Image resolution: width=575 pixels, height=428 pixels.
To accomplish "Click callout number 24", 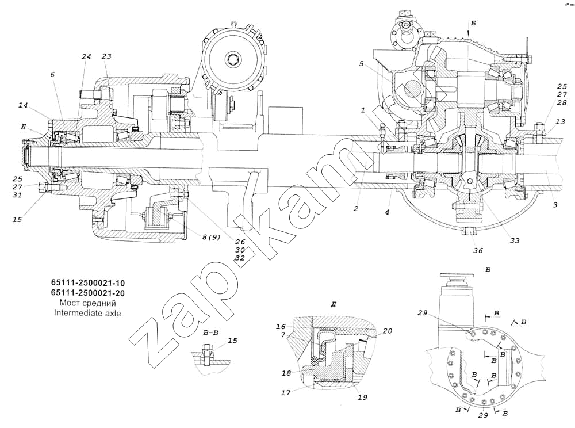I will click(86, 56).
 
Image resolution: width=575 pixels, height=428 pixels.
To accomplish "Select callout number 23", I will click(106, 56).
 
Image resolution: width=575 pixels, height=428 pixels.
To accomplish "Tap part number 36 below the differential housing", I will click(478, 250).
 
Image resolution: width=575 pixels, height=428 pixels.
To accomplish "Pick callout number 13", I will click(561, 121).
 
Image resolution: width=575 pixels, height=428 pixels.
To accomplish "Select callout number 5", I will click(361, 64).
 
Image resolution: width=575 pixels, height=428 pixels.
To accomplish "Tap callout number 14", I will click(23, 105).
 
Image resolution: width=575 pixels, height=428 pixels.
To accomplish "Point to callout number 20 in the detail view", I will click(388, 331).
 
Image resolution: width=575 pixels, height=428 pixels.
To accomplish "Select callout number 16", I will click(281, 326).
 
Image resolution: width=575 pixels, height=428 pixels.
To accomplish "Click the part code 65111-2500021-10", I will click(83, 284).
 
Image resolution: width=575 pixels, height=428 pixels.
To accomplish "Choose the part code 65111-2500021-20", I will click(83, 293).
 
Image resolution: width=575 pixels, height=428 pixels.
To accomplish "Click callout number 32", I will click(240, 258).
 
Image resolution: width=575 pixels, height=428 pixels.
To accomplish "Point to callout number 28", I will click(562, 102).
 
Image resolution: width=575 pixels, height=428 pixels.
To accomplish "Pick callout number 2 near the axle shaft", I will click(356, 209).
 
